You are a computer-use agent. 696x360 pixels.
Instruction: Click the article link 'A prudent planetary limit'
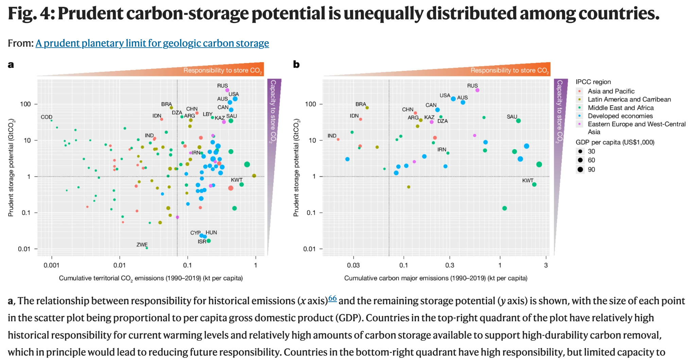pos(152,43)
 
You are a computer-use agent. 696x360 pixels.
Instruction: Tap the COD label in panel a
pos(47,117)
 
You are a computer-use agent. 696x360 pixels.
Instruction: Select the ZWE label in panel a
pos(142,245)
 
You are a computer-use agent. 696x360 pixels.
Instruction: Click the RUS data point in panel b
pos(477,90)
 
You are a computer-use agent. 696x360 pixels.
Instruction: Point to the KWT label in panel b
pos(528,181)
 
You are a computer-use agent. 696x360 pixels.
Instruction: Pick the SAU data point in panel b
pos(518,121)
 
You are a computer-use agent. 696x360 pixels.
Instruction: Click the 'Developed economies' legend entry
pos(620,116)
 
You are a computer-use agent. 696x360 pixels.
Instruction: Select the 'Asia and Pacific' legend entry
pos(611,91)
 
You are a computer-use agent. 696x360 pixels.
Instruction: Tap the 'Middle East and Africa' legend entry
pos(620,108)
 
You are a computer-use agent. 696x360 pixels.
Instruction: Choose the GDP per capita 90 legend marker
pos(580,169)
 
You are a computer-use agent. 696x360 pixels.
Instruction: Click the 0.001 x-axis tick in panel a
pos(51,265)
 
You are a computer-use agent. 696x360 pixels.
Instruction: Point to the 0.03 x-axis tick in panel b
pos(353,265)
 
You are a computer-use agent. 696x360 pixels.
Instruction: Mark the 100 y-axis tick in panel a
pos(25,104)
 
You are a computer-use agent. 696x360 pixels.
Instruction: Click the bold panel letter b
pos(296,65)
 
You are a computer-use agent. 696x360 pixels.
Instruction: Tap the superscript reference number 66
pos(332,299)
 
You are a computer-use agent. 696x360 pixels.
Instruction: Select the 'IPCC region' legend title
pos(593,82)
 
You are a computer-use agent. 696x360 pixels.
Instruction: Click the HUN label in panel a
pos(211,233)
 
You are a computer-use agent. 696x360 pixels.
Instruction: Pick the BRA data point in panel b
pos(367,108)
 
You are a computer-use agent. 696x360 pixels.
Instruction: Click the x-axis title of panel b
pos(436,278)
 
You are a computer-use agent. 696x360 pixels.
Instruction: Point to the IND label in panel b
pos(332,136)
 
